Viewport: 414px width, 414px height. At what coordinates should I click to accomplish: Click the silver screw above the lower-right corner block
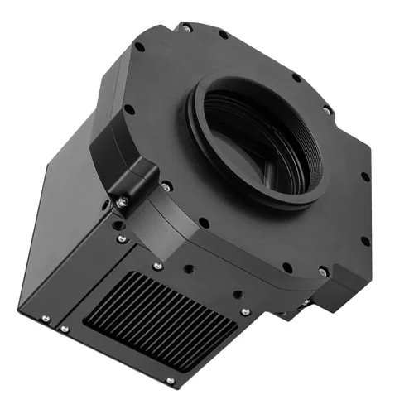point(324,272)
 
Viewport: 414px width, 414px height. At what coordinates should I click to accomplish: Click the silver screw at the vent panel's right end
point(245,311)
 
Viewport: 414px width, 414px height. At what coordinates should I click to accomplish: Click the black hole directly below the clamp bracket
point(117,223)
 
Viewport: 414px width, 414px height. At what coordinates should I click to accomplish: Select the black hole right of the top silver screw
point(223,35)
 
